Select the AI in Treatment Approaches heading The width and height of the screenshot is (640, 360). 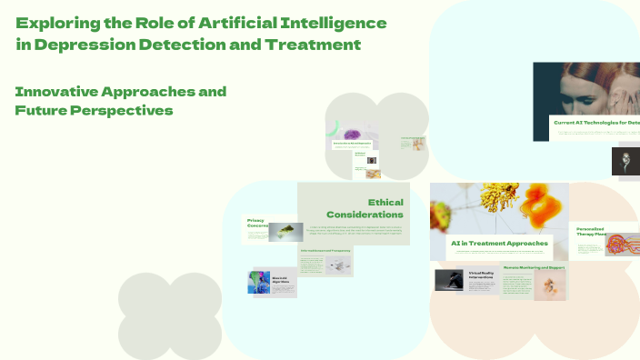click(499, 244)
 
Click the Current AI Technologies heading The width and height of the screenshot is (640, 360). click(595, 122)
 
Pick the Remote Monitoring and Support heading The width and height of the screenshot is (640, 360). click(535, 267)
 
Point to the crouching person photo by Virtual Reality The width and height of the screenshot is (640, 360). click(449, 280)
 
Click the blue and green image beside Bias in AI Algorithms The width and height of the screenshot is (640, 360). click(257, 282)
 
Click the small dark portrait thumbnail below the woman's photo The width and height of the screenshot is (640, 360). click(625, 162)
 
